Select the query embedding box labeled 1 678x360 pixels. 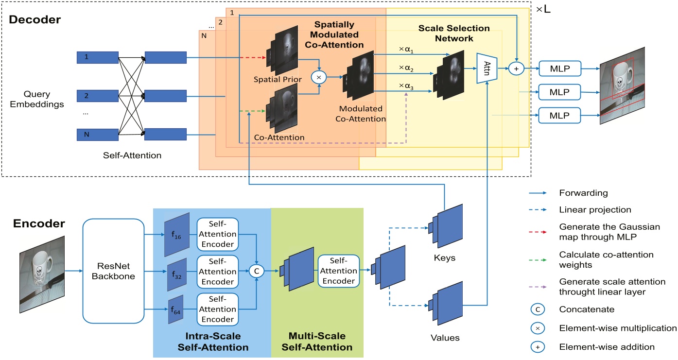click(98, 58)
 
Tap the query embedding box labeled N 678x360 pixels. click(98, 134)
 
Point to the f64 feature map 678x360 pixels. click(174, 309)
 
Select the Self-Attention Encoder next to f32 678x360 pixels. click(217, 271)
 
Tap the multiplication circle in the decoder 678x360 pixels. click(319, 77)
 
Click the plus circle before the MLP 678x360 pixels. click(516, 69)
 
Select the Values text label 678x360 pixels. click(445, 337)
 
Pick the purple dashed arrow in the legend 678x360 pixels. click(539, 286)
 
